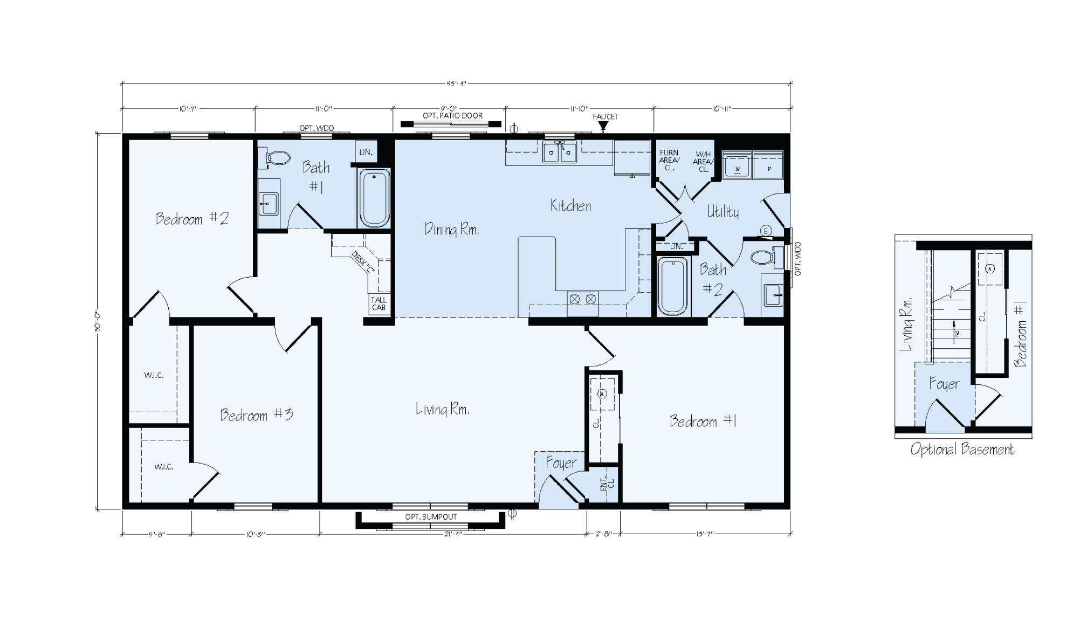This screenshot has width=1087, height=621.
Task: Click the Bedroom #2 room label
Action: (x=192, y=218)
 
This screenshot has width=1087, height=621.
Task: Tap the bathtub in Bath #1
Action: (x=374, y=198)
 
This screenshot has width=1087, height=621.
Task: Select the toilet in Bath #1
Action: (x=277, y=157)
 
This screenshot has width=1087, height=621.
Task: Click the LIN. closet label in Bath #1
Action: (x=366, y=152)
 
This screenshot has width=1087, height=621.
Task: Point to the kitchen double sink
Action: (x=559, y=153)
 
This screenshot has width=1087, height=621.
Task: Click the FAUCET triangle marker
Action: (x=603, y=126)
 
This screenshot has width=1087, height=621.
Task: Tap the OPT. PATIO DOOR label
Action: (x=452, y=115)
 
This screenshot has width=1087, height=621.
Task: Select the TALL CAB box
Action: (x=379, y=304)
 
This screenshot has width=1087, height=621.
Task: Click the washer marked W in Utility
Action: (x=737, y=165)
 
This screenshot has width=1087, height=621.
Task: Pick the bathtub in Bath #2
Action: (x=672, y=286)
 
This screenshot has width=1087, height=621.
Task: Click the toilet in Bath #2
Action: (x=763, y=257)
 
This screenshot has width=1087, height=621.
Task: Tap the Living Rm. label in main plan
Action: (x=442, y=410)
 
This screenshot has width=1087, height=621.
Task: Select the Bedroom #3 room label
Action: (x=256, y=415)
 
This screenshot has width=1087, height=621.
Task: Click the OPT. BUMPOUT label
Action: (x=431, y=516)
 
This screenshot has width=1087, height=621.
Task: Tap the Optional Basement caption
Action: (x=962, y=449)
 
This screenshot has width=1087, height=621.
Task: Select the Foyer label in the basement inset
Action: (x=944, y=384)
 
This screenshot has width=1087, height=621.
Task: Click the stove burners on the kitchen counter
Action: (x=582, y=298)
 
